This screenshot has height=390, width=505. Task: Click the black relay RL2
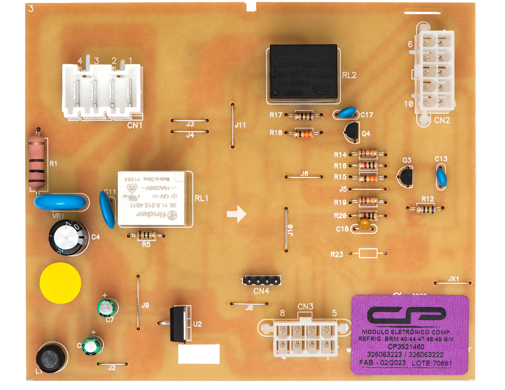303,72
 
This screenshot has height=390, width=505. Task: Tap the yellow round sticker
60,283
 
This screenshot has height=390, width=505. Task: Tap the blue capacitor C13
441,177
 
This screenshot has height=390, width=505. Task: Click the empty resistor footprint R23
368,253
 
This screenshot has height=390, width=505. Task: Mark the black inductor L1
51,357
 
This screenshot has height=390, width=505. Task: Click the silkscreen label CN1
135,125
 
